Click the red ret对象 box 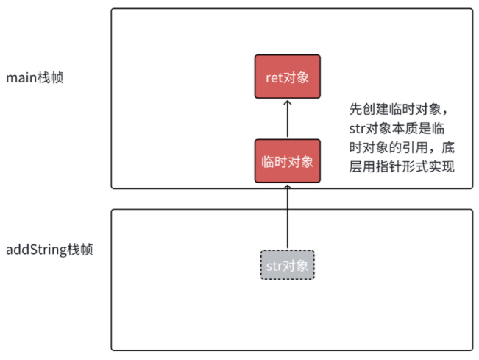pos(287,77)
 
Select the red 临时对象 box pos(287,161)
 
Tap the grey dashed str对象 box pos(287,264)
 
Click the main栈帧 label pos(34,77)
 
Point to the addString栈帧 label pos(49,249)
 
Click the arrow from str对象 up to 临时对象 pos(287,217)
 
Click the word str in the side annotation pos(358,129)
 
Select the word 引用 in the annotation pos(412,148)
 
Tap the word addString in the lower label pos(36,249)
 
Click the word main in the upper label pos(20,77)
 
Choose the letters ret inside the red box pos(273,77)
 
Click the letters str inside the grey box pos(272,264)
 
